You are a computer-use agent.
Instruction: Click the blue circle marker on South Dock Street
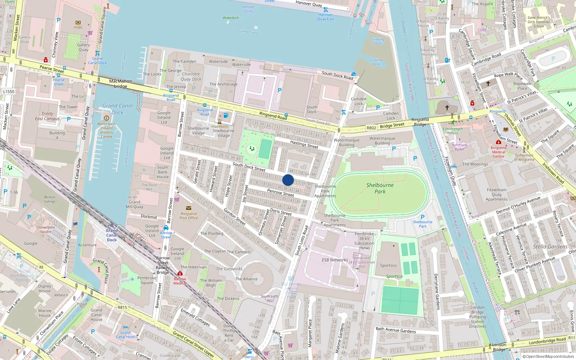pyautogui.click(x=288, y=180)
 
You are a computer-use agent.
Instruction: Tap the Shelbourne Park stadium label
pyautogui.click(x=380, y=188)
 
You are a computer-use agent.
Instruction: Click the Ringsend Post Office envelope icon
pyautogui.click(x=189, y=208)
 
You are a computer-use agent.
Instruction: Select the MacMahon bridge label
pyautogui.click(x=120, y=84)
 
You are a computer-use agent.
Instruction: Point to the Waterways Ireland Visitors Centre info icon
pyautogui.click(x=106, y=118)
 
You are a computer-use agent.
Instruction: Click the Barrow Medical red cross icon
pyautogui.click(x=180, y=274)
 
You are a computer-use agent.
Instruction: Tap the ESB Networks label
pyautogui.click(x=335, y=260)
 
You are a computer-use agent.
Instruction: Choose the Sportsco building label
pyautogui.click(x=388, y=266)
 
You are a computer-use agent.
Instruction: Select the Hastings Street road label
pyautogui.click(x=304, y=144)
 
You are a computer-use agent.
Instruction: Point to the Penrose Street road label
pyautogui.click(x=280, y=193)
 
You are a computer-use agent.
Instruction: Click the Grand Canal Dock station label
pyautogui.click(x=112, y=235)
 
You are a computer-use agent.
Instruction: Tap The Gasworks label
pyautogui.click(x=229, y=269)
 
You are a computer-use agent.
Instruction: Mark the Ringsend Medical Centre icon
pyautogui.click(x=499, y=142)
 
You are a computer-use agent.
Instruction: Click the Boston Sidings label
pyautogui.click(x=50, y=199)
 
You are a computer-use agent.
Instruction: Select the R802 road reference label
pyautogui.click(x=371, y=128)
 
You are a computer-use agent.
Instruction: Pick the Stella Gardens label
pyautogui.click(x=550, y=247)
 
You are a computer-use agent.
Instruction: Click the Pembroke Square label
pyautogui.click(x=147, y=280)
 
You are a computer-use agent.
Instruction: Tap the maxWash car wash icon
pyautogui.click(x=220, y=122)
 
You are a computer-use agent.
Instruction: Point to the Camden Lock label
pyautogui.click(x=359, y=101)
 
